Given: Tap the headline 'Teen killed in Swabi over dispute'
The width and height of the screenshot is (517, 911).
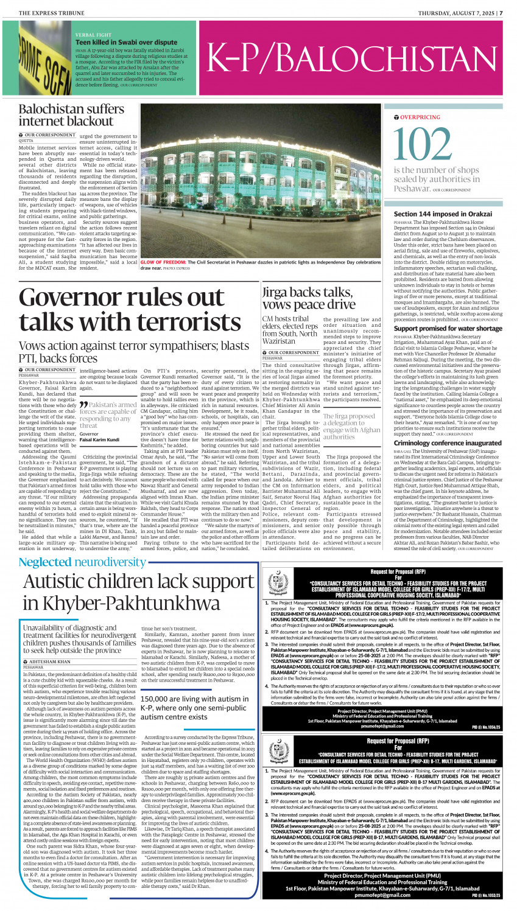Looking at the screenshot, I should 126,43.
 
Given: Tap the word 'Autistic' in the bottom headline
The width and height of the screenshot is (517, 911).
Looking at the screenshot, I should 69,582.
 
